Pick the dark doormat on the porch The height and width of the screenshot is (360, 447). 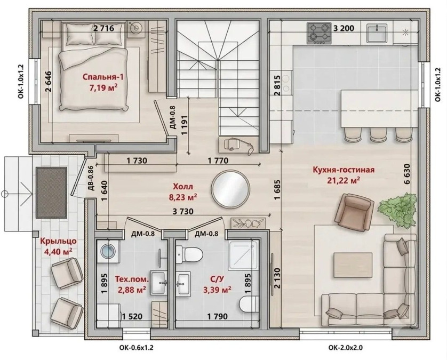click(x=52, y=193)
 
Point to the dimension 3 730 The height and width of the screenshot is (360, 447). click(x=183, y=212)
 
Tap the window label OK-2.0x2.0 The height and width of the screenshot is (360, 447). click(x=346, y=348)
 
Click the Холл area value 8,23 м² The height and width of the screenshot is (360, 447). click(x=183, y=197)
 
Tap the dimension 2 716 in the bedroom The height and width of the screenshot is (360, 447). click(x=104, y=28)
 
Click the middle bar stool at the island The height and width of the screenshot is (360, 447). click(x=378, y=134)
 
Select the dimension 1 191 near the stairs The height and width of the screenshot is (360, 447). click(x=184, y=125)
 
